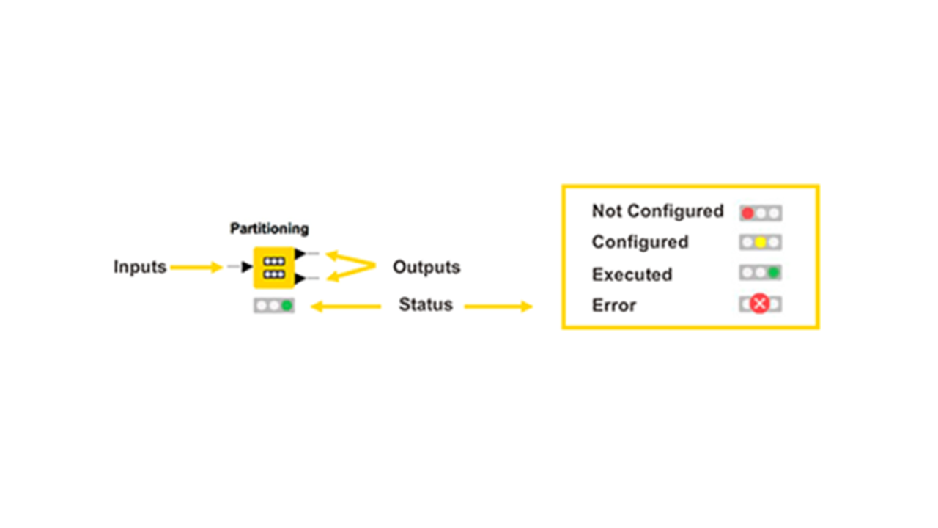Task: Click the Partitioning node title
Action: click(269, 229)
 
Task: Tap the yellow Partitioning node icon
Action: click(273, 267)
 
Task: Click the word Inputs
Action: click(139, 267)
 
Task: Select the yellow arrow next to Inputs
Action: click(196, 268)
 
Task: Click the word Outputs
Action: click(426, 267)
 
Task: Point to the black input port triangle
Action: click(247, 267)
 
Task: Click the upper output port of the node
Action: click(300, 254)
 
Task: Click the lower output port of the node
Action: click(300, 279)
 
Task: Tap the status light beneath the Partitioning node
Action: click(274, 305)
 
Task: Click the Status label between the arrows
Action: click(425, 304)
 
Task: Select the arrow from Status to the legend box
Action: click(498, 306)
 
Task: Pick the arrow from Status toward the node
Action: click(346, 306)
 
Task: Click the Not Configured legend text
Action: click(657, 211)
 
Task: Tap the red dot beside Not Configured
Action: click(747, 213)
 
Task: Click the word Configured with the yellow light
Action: click(640, 242)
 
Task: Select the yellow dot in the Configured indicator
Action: click(761, 243)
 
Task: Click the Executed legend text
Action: click(632, 274)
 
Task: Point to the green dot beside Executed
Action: click(773, 273)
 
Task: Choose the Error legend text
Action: click(613, 305)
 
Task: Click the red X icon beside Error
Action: click(760, 304)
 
